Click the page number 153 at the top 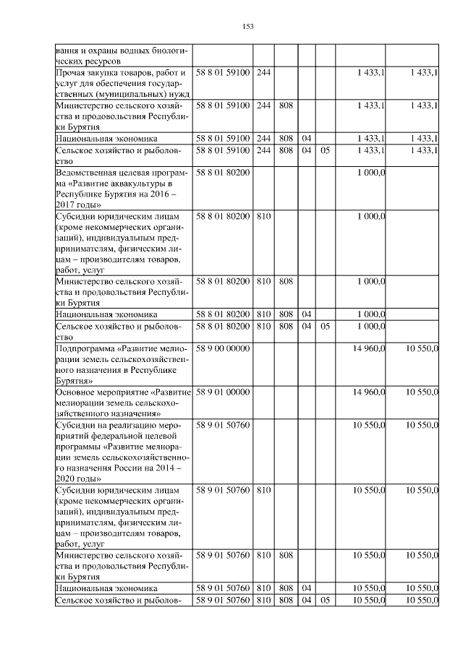pos(247,27)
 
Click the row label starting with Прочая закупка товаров pos(122,72)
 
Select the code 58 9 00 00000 pos(223,349)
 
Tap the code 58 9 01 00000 pos(223,392)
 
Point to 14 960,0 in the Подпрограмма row pos(369,349)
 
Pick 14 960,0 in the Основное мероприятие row pos(369,392)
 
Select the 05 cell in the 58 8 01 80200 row pos(325,327)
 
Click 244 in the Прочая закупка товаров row pos(263,72)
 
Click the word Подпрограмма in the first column pos(84,349)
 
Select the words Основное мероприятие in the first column pos(101,392)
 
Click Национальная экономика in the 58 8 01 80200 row pos(106,314)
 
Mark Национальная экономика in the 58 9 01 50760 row pos(106,589)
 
